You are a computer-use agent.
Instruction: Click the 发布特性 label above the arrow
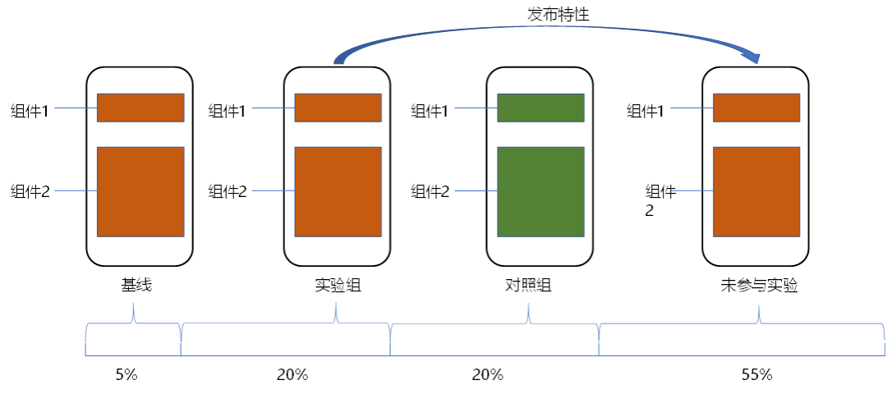point(558,15)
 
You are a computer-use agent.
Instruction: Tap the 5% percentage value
point(126,375)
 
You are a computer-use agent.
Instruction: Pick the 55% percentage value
point(757,375)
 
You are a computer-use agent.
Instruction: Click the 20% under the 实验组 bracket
point(292,375)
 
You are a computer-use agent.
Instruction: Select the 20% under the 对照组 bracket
point(487,375)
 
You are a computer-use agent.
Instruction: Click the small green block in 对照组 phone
point(540,108)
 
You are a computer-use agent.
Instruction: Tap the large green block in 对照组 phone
point(540,191)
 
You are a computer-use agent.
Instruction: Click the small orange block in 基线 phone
point(140,108)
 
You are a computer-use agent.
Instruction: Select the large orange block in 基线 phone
point(140,191)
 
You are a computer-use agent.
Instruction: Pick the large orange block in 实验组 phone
point(338,191)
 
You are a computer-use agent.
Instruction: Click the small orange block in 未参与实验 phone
point(756,108)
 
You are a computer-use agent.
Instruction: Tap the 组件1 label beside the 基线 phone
point(30,111)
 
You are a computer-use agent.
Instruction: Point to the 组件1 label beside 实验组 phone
point(227,111)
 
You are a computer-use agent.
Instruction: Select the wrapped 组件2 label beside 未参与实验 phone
point(660,200)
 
